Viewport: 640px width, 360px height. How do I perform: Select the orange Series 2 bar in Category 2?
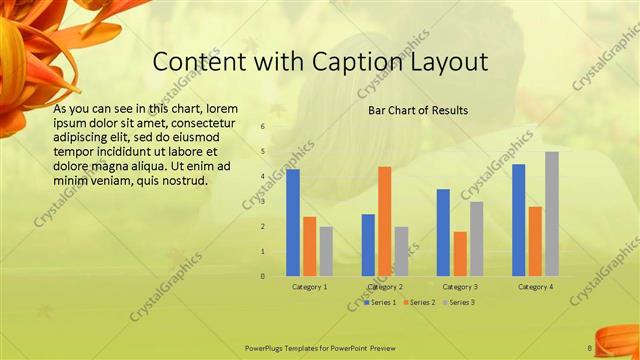point(385,221)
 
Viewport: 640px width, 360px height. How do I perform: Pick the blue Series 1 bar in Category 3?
point(443,232)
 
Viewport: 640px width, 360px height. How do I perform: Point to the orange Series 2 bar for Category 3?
point(460,254)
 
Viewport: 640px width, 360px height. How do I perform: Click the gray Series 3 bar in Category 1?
point(326,251)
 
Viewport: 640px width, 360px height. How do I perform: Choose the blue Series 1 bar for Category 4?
point(518,220)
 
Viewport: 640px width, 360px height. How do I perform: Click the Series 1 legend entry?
point(381,302)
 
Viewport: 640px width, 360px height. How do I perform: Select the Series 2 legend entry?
point(419,302)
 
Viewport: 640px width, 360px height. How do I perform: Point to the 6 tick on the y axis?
point(262,127)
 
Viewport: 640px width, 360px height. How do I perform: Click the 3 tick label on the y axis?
point(262,202)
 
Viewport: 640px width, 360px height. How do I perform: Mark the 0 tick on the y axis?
point(262,276)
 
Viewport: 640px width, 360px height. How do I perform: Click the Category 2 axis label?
point(385,287)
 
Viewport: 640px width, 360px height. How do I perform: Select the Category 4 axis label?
point(535,287)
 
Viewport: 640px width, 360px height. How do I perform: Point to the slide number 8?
point(590,348)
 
